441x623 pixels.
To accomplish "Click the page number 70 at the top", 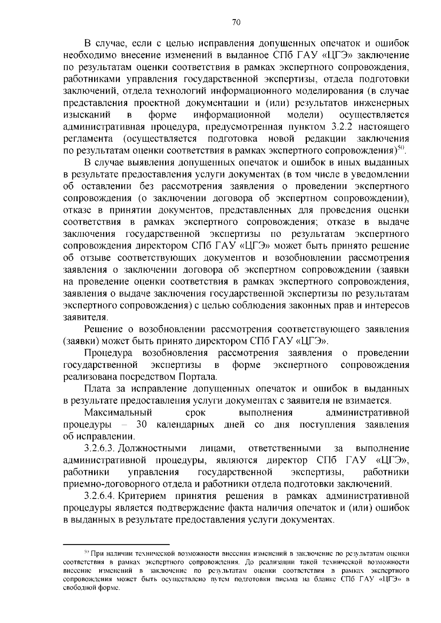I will pyautogui.click(x=236, y=22).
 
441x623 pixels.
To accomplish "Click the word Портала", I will pyautogui.click(x=198, y=377).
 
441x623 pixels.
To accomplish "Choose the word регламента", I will pyautogui.click(x=88, y=139).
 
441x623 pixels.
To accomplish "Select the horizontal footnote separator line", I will pyautogui.click(x=116, y=544).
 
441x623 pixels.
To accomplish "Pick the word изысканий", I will pyautogui.click(x=87, y=115).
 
